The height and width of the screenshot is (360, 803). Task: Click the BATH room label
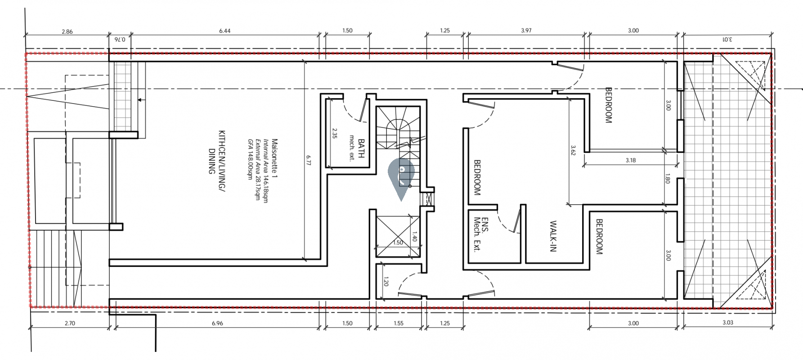coord(361,148)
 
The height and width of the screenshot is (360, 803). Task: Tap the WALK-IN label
coord(553,236)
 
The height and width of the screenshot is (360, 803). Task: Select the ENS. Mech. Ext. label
coord(481,234)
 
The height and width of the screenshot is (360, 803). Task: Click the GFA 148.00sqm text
coord(250,159)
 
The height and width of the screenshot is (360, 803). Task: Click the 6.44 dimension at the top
coord(224,31)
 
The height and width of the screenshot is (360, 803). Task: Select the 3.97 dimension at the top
coord(526,31)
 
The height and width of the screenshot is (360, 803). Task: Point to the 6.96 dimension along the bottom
coord(217,323)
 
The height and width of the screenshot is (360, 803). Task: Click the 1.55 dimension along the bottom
coord(398,323)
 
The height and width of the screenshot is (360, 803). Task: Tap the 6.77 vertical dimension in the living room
coord(309,160)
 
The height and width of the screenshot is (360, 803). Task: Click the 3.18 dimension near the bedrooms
coord(630,160)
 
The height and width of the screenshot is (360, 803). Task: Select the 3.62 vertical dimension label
coord(573,150)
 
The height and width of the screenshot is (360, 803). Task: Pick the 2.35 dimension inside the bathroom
coord(334,134)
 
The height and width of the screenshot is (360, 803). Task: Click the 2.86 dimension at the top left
coord(67,31)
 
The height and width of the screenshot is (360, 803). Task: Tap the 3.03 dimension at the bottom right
coord(727,323)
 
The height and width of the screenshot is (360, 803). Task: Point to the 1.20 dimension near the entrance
coord(386,282)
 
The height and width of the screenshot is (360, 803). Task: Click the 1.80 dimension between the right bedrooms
coord(667,179)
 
